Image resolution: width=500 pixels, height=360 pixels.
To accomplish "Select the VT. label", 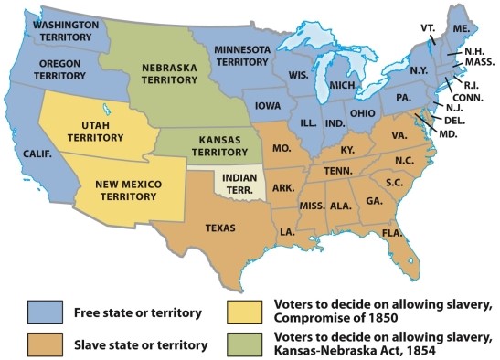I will (x=429, y=27).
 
